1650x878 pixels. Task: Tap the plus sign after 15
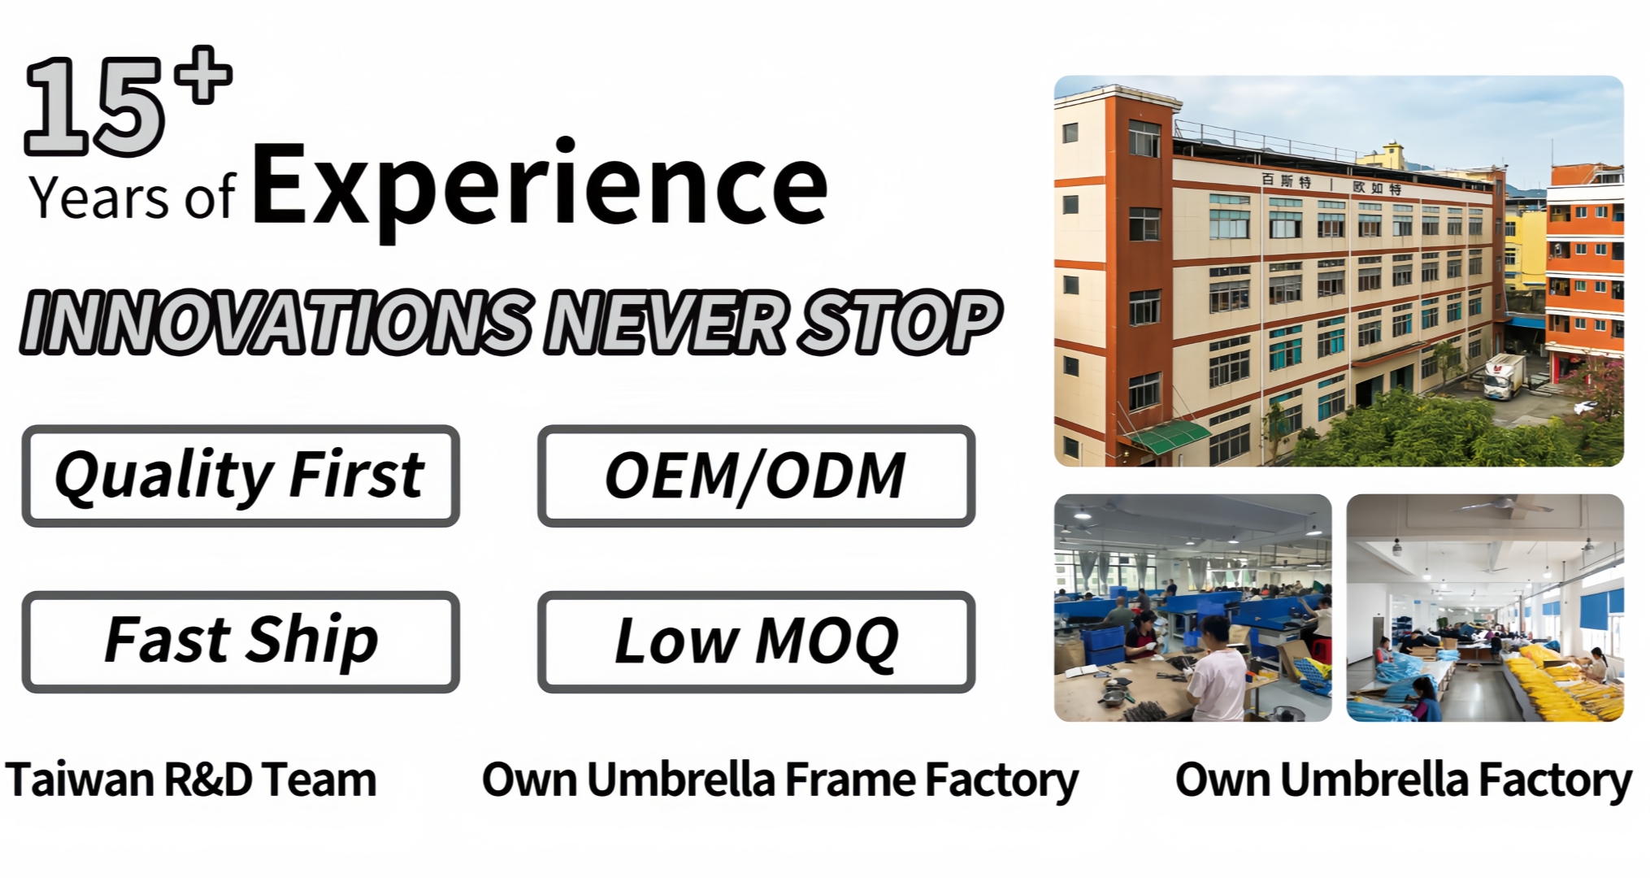(206, 75)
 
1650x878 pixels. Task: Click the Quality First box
(241, 476)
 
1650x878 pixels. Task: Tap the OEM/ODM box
(756, 476)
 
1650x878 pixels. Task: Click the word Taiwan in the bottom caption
(80, 780)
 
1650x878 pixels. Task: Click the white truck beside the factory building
(1504, 376)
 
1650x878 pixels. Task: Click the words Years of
(132, 199)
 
